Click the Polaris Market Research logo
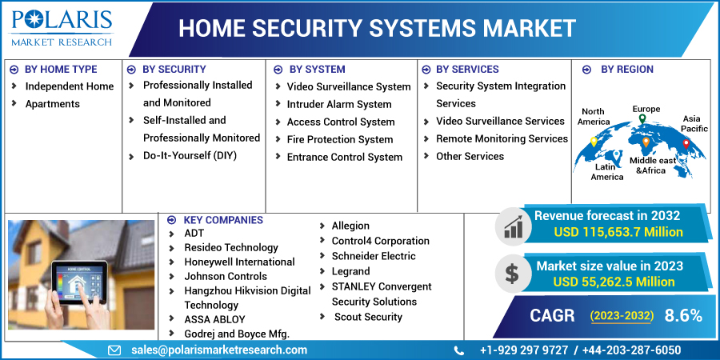tap(61, 27)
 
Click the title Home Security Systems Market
tap(376, 29)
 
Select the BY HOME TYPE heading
tap(61, 70)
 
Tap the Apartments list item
tap(53, 104)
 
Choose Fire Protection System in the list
tap(340, 139)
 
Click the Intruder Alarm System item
tap(339, 104)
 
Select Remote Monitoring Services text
tap(502, 138)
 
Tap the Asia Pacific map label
tap(694, 123)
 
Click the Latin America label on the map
tap(607, 171)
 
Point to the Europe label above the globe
tap(646, 109)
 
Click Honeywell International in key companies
tap(239, 262)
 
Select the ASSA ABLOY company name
tap(214, 319)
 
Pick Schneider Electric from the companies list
tap(374, 256)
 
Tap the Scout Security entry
tap(368, 317)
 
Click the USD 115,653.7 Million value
tap(618, 232)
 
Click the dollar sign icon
tap(511, 273)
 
